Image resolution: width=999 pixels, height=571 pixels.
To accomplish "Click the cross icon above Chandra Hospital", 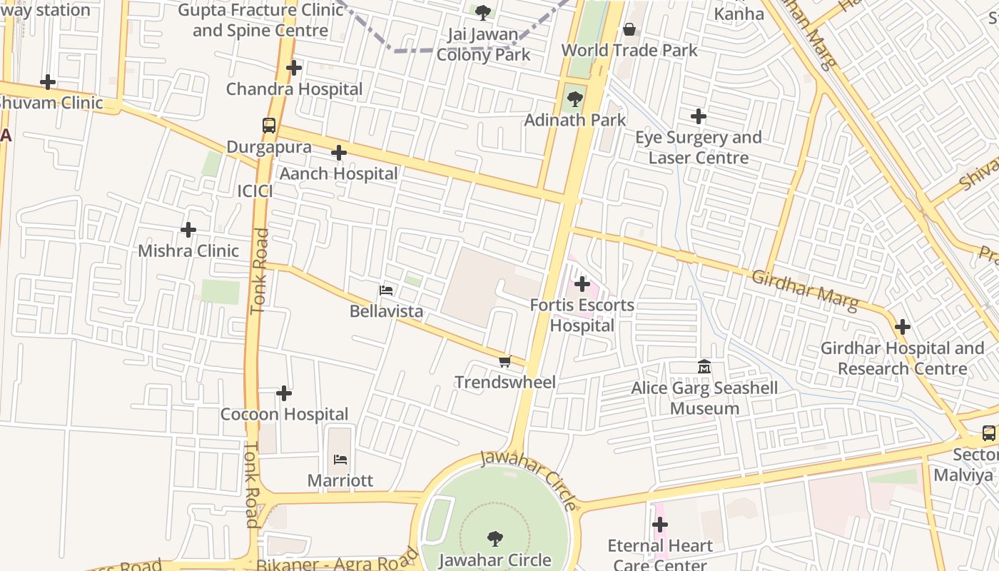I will point(294,69).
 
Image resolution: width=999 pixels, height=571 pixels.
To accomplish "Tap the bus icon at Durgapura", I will point(269,126).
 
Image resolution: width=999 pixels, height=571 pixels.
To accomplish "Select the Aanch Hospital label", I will point(338,173).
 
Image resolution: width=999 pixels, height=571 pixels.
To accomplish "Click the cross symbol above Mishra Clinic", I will point(188,230).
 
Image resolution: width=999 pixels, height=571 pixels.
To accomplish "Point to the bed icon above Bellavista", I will point(386,290).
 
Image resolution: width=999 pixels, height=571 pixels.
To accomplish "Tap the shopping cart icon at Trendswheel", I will point(505,362).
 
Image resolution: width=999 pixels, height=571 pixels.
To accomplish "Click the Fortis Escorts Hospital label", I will point(582,315).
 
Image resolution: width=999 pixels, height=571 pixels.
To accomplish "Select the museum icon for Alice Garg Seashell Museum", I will point(704,367).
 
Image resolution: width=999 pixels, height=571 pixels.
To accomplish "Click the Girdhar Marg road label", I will point(805,290).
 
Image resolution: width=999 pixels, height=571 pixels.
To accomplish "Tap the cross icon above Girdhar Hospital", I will point(903,328).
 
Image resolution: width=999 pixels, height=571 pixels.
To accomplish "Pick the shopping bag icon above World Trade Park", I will point(629,29).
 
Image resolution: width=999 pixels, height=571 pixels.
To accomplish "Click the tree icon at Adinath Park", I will point(574,99).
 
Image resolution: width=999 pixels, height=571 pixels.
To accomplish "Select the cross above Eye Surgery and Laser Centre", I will point(699,116).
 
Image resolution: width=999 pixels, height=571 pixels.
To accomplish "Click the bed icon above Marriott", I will point(340,460).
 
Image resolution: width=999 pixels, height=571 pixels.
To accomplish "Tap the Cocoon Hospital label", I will point(284,414).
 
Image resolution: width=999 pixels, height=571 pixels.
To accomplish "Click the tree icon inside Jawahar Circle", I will point(495,539).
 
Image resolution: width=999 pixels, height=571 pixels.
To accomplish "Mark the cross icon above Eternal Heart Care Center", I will point(660,525).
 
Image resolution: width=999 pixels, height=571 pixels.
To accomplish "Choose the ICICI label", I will point(255,191).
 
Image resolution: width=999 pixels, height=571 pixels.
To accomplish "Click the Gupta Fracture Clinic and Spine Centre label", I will point(260,20).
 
